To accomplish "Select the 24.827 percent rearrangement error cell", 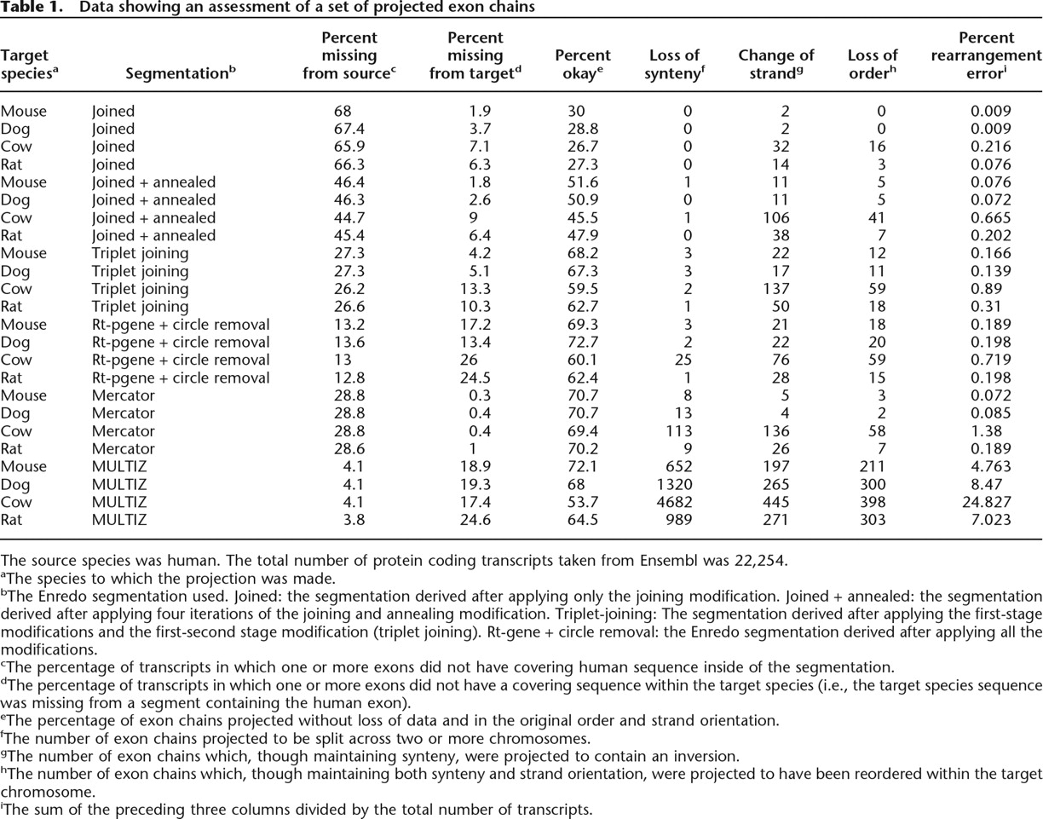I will (985, 502).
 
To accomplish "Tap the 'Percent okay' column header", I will (583, 65).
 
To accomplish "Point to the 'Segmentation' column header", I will (181, 73).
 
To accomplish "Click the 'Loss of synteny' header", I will (674, 65).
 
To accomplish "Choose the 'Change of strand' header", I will (776, 65).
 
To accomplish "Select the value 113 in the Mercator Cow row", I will (679, 431).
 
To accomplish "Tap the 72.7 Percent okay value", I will (583, 343).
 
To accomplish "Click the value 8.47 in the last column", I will (994, 484).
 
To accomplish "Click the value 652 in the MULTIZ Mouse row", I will (679, 466).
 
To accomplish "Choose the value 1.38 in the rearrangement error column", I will (994, 431).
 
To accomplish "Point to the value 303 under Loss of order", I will (873, 520).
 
